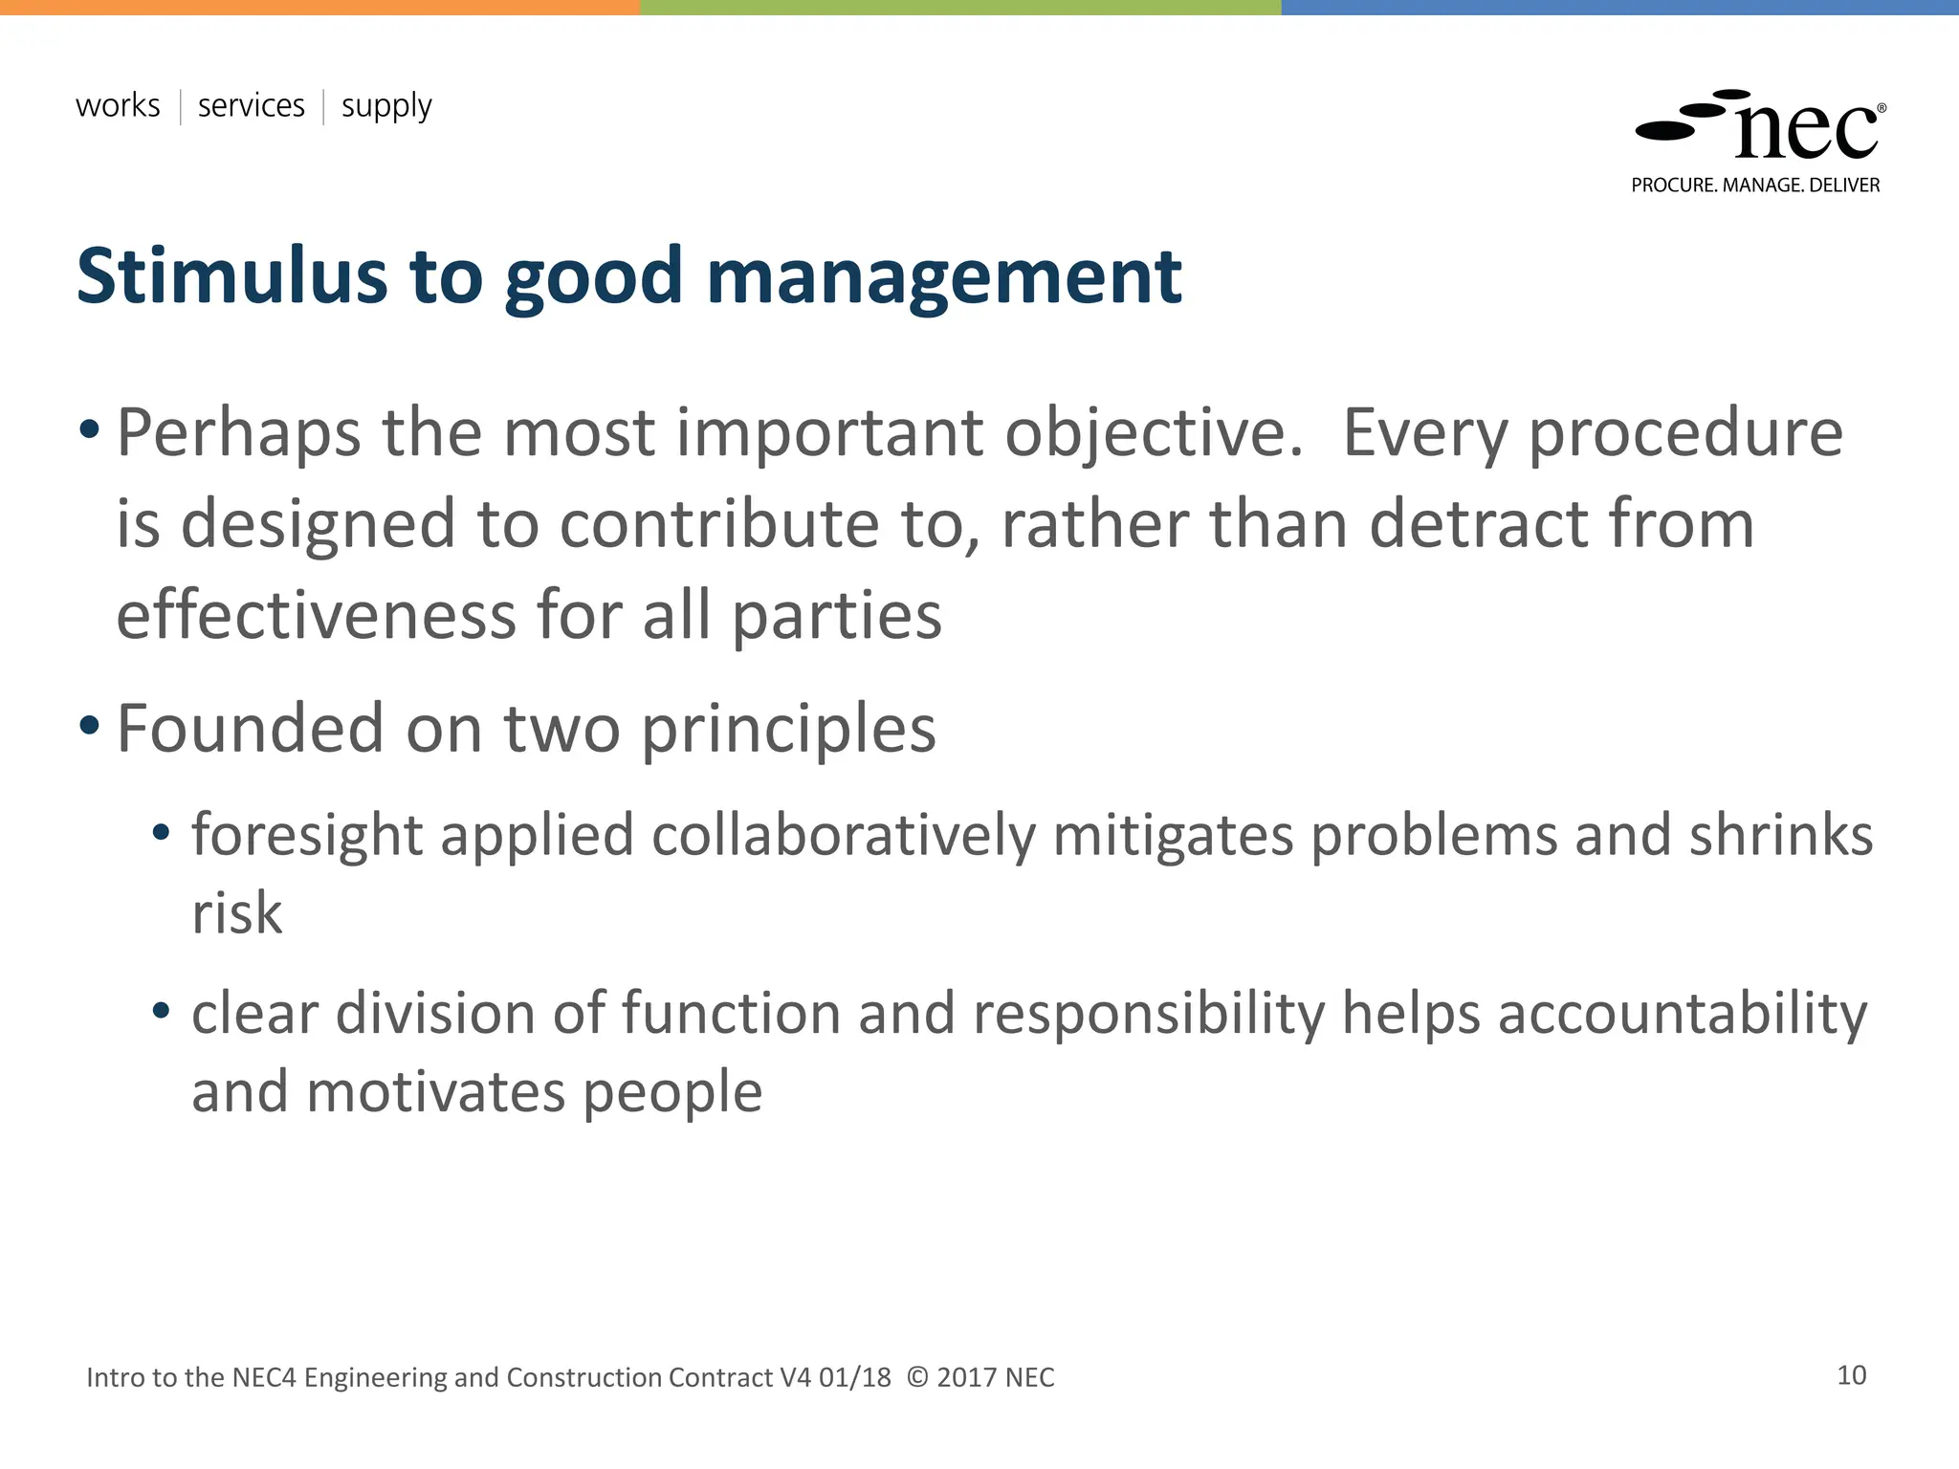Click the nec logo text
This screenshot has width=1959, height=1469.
[x=1806, y=131]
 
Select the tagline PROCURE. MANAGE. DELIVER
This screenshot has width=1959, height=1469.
[x=1755, y=186]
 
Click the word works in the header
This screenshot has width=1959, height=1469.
[x=118, y=105]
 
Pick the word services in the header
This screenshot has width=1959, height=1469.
[x=251, y=105]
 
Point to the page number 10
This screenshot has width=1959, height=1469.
[x=1851, y=1375]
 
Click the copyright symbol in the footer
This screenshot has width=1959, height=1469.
[x=916, y=1377]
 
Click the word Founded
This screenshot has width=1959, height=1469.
[x=249, y=729]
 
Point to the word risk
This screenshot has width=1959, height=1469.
[x=236, y=913]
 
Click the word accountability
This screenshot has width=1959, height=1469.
[x=1682, y=1014]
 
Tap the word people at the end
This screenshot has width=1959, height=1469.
[x=671, y=1092]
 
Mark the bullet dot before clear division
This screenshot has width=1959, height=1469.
[x=161, y=1010]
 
